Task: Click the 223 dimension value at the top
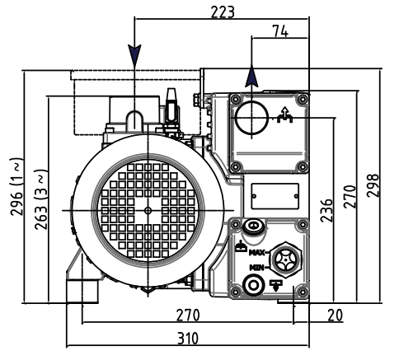click(223, 12)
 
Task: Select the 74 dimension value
click(280, 31)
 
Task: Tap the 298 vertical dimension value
click(373, 185)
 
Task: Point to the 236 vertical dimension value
click(326, 210)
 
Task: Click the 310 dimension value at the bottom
click(188, 339)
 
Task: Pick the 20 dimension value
click(336, 316)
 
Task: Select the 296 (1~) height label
click(16, 187)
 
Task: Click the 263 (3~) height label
click(40, 199)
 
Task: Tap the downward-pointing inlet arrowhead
click(134, 55)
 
